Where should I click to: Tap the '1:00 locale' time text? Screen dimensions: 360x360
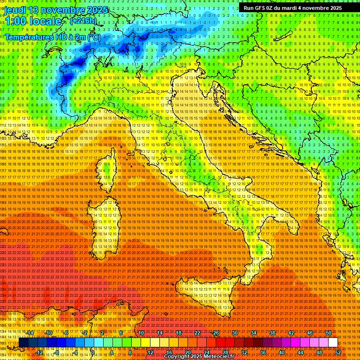pos(33,21)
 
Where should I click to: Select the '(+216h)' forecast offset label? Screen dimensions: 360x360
pos(83,21)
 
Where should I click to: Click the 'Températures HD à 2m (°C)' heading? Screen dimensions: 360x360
pos(52,37)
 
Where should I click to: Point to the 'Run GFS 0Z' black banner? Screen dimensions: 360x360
pos(292,8)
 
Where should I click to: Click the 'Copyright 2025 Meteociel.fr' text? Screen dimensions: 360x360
pos(199,357)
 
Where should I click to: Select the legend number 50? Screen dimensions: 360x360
pos(329,333)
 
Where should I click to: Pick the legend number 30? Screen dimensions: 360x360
pos(235,333)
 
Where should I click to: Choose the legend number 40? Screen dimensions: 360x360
pos(281,352)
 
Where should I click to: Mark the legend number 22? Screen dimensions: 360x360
pos(197,333)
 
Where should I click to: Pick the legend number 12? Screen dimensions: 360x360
pos(150,352)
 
